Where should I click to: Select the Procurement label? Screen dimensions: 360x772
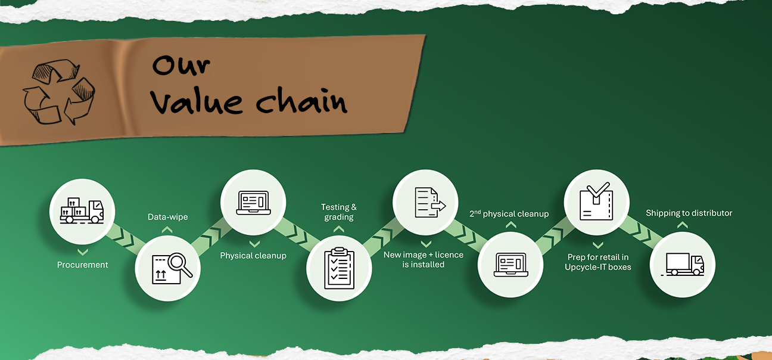pos(83,265)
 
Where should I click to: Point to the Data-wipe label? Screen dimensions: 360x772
pos(167,217)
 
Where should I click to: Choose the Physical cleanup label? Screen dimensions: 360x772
pos(253,256)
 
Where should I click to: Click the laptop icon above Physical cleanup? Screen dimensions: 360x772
pos(254,202)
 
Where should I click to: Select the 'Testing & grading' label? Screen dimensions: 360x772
pos(339,212)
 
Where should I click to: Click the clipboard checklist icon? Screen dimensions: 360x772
pos(339,268)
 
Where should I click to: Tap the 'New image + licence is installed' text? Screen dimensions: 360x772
pos(424,259)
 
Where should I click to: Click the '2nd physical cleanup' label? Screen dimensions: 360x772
pos(509,213)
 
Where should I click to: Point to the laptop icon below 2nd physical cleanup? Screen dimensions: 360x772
pos(510,265)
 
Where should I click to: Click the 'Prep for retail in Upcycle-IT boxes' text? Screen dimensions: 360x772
pos(597,262)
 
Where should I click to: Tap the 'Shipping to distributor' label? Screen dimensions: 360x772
pos(689,213)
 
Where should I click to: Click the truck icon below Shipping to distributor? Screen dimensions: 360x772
pos(683,265)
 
